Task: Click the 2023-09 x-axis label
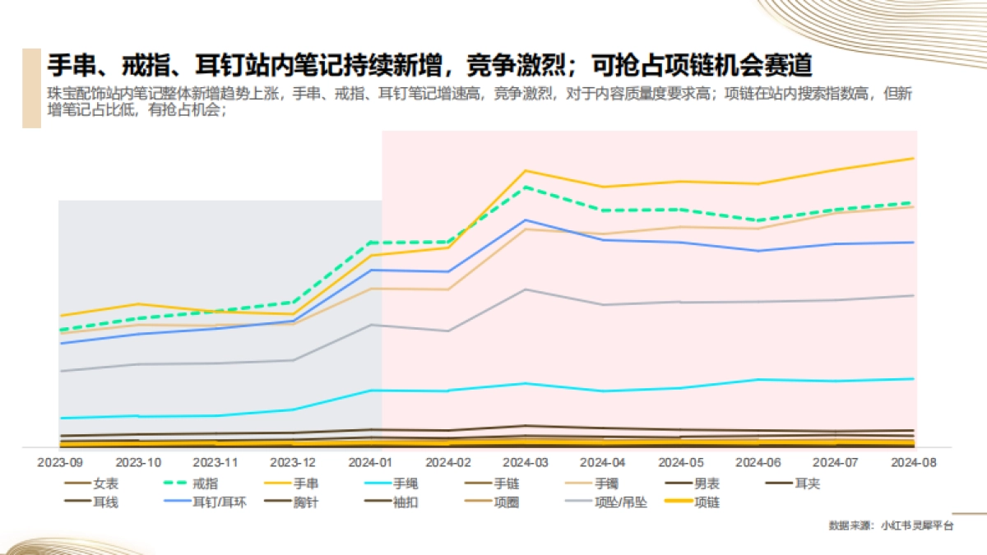[x=60, y=463]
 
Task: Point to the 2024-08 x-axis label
[x=915, y=463]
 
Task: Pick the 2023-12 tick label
[x=293, y=463]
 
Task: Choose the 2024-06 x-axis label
[x=759, y=463]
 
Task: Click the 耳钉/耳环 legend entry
[x=219, y=502]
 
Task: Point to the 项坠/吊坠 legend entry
[x=620, y=502]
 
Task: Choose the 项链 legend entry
[x=707, y=502]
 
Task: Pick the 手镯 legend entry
[x=606, y=484]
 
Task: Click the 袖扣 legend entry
[x=405, y=502]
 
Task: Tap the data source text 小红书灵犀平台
[x=916, y=526]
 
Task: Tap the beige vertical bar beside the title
[x=31, y=88]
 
